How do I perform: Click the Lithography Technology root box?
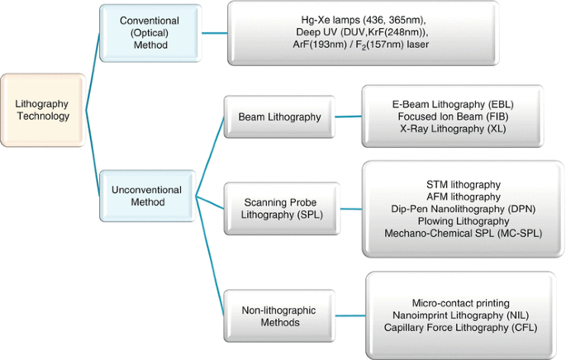click(x=43, y=110)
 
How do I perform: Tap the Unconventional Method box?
click(x=147, y=196)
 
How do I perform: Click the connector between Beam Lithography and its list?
click(x=348, y=117)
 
